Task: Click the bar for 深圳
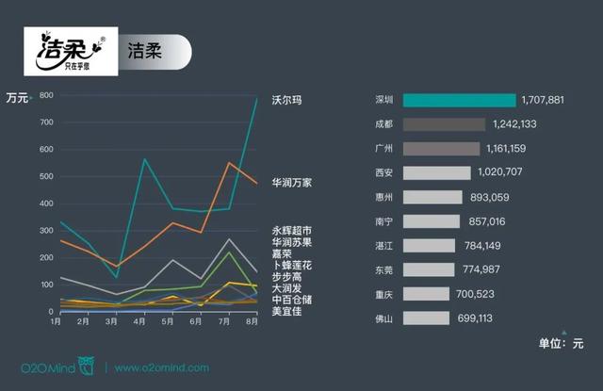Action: [459, 100]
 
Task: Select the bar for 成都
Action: [444, 124]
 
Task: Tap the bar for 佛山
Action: [426, 318]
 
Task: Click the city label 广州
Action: [383, 149]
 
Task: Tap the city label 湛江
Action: [383, 246]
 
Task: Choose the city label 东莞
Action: [383, 270]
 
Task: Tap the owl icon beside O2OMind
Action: [87, 366]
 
